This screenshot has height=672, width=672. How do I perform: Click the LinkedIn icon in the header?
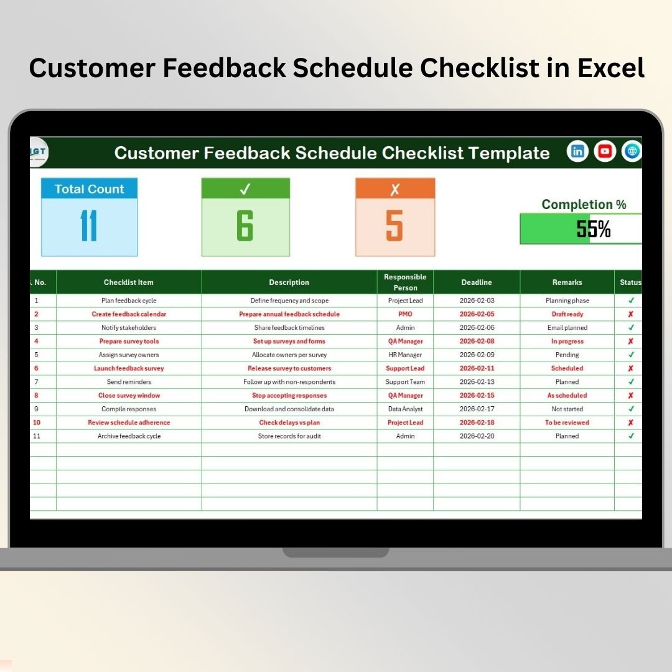pos(577,151)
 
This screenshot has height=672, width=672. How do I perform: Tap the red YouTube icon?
pos(605,151)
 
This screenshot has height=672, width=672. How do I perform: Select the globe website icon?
pos(632,151)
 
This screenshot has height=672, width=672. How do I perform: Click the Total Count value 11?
pos(89,225)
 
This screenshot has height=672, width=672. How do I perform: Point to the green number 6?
pos(245,225)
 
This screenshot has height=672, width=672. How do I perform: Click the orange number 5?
pos(394,225)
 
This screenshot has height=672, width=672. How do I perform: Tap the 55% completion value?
pos(594,229)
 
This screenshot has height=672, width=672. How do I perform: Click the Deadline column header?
pos(477,282)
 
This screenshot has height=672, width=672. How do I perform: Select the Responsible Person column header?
pos(405,282)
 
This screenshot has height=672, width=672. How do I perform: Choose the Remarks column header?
pos(567,282)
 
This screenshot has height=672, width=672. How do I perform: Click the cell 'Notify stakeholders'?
pos(129,328)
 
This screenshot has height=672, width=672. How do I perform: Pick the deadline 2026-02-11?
pos(477,368)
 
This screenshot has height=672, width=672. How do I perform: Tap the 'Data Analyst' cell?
pos(406,409)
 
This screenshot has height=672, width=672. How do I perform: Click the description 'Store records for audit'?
pos(289,436)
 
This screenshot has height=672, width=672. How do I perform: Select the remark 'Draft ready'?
pos(567,314)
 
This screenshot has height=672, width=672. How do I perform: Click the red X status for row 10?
pos(631,422)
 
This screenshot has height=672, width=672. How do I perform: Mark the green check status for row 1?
pos(632,301)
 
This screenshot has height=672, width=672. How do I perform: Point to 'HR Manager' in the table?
pos(405,355)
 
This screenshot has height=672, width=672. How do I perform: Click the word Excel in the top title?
pos(611,68)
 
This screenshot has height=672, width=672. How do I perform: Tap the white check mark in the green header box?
pos(245,189)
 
